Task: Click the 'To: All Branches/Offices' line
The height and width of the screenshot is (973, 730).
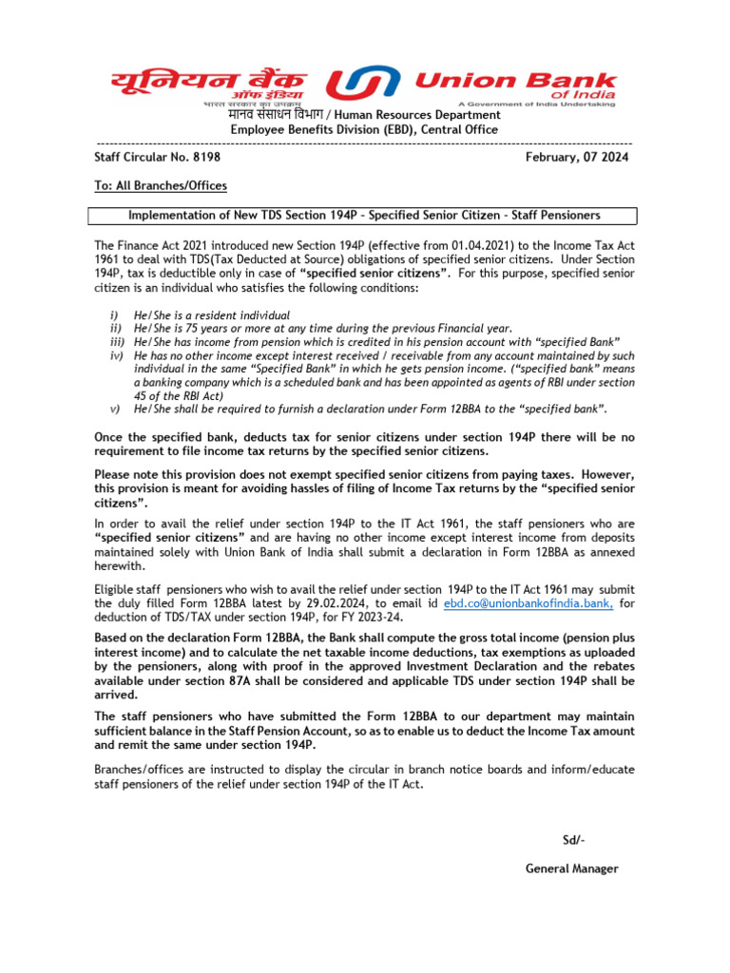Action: [x=160, y=185]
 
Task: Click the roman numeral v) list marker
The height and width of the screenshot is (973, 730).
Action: [x=118, y=409]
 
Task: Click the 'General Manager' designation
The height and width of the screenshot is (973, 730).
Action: [x=572, y=868]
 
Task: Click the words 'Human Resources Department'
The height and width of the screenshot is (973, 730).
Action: [x=418, y=115]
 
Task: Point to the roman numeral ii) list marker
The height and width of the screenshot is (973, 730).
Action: [x=118, y=328]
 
